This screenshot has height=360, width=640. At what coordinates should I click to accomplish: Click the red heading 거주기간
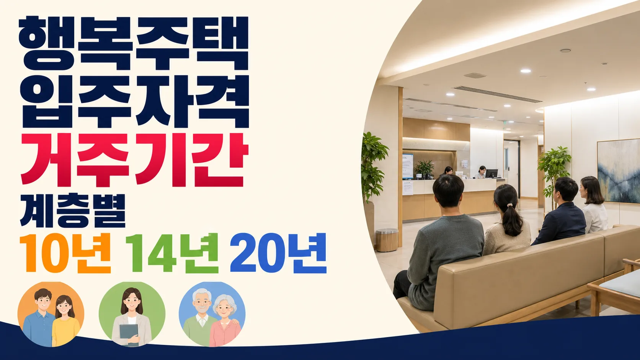134,160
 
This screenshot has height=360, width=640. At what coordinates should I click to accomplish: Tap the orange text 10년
65,252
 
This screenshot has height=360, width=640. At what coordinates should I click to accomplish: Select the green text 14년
172,252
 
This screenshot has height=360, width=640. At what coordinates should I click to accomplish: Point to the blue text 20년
278,252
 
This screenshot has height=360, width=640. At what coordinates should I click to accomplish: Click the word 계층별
73,211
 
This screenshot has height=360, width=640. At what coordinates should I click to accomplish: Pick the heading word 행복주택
134,43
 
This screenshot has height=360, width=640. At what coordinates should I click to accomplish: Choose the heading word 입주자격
134,101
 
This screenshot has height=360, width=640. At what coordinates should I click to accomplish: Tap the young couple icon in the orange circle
51,314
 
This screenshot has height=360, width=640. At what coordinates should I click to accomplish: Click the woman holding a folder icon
132,314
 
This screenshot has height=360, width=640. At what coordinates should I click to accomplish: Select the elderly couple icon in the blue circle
212,314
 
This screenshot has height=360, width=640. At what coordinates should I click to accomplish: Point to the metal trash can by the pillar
387,240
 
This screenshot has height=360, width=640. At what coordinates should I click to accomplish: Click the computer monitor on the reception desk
491,173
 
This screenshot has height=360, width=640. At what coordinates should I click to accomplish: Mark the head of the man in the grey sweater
448,191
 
